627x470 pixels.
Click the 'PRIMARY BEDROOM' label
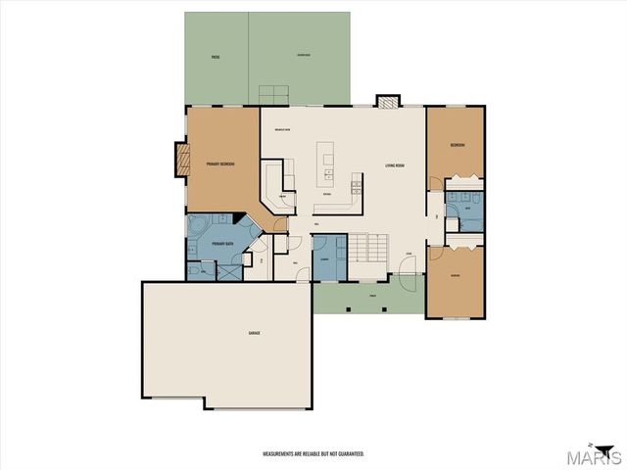[x=218, y=164]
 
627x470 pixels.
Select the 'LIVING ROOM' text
[x=395, y=164]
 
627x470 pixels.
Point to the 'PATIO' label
[x=215, y=58]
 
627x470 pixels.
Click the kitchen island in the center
[x=325, y=165]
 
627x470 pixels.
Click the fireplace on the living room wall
[x=389, y=101]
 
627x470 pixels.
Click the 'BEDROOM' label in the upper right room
[x=457, y=145]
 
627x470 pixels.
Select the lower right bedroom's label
[x=457, y=276]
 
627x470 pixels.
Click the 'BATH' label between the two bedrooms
[x=467, y=209]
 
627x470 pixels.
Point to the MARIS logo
[x=601, y=456]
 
